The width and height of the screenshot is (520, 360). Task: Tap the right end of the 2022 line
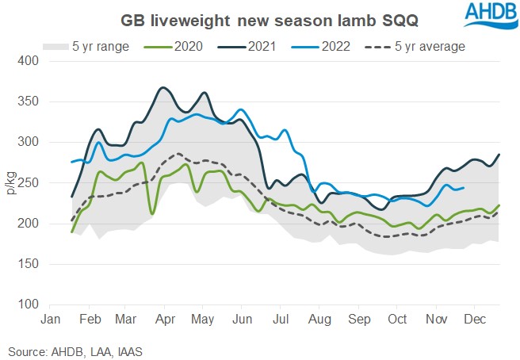click(x=464, y=187)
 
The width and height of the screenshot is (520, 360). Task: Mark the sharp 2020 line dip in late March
click(x=151, y=213)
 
